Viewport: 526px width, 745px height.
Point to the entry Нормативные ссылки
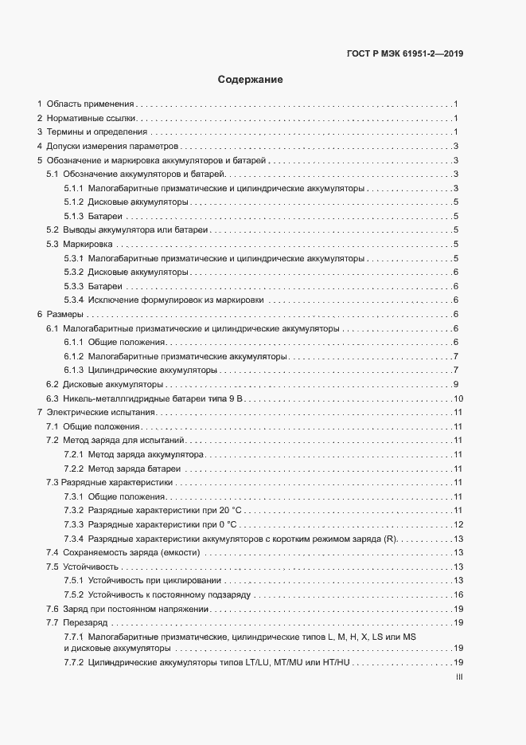point(92,118)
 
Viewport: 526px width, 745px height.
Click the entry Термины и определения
point(97,131)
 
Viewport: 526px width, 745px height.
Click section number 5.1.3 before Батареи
point(74,216)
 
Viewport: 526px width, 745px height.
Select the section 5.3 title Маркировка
point(88,244)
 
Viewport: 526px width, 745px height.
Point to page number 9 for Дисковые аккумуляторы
point(456,384)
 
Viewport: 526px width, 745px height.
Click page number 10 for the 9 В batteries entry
point(458,398)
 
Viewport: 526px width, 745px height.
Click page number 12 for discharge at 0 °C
point(458,524)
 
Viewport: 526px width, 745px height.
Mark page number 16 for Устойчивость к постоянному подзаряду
point(458,594)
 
